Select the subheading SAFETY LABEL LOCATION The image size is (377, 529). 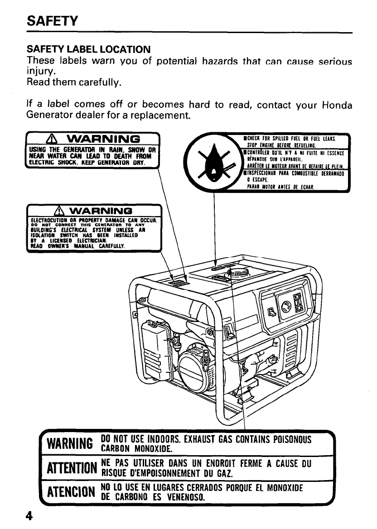pyautogui.click(x=88, y=49)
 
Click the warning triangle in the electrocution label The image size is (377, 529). pyautogui.click(x=59, y=210)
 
